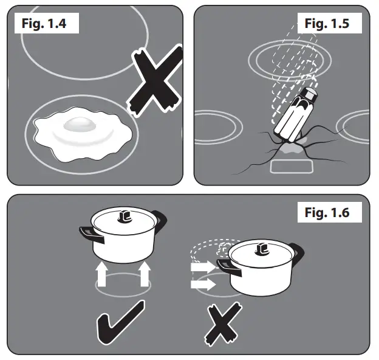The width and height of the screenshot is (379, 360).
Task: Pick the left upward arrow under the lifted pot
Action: click(102, 274)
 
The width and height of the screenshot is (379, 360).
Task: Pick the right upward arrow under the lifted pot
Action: click(145, 274)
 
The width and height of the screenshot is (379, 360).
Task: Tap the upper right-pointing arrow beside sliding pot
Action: click(202, 266)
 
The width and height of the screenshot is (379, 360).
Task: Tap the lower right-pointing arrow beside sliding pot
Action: click(202, 284)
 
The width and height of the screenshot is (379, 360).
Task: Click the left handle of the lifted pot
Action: click(86, 233)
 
